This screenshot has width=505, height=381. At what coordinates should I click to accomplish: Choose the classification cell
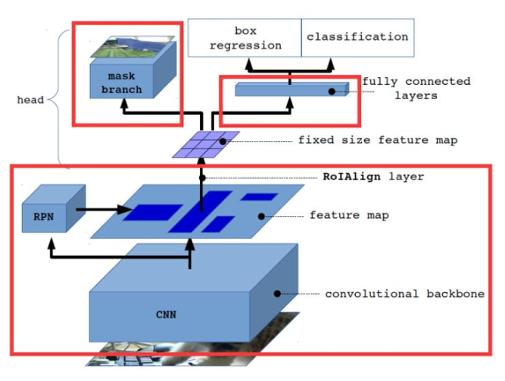click(357, 36)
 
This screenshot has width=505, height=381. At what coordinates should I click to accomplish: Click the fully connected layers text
click(416, 89)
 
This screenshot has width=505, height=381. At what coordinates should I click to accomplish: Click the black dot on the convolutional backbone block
click(276, 293)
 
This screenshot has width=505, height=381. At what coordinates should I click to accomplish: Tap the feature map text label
click(349, 216)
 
